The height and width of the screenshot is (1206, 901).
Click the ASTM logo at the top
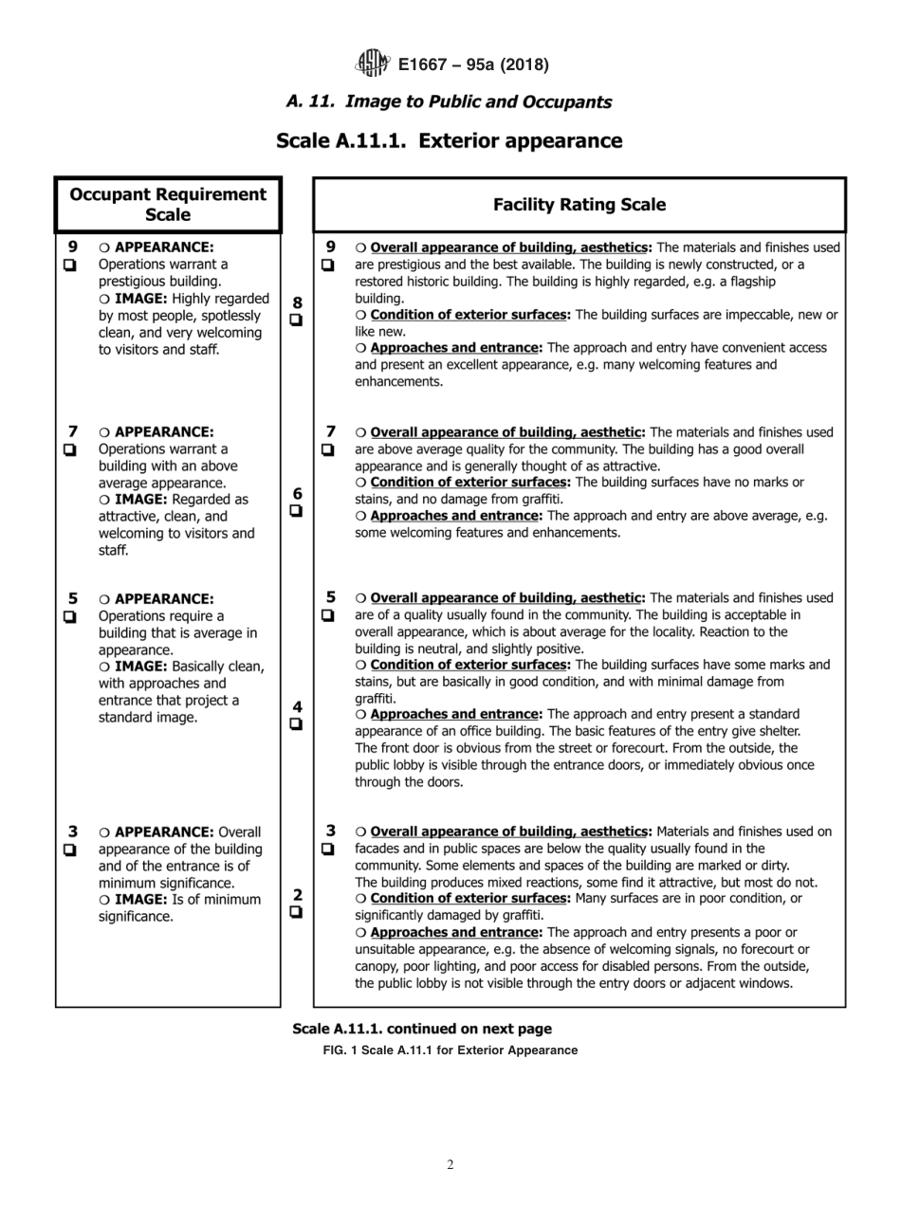click(372, 64)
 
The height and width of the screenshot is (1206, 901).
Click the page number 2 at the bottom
click(450, 1165)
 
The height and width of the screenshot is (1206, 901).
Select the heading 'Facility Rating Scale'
click(579, 205)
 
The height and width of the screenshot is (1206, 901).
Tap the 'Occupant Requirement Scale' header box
click(168, 205)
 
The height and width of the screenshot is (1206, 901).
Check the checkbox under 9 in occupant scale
click(70, 265)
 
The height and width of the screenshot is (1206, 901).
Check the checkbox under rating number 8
click(297, 320)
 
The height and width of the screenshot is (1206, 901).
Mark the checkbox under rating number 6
click(297, 511)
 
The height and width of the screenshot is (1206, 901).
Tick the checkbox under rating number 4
click(297, 724)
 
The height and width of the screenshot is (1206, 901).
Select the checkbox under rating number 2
click(297, 912)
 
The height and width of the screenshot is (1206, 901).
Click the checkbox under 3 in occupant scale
click(70, 850)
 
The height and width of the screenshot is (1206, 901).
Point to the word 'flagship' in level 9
click(749, 282)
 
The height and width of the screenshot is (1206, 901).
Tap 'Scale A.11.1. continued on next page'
click(422, 1029)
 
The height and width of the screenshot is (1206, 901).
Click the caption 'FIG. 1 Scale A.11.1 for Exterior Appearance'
click(450, 1050)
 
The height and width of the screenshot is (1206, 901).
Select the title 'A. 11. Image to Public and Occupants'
click(450, 102)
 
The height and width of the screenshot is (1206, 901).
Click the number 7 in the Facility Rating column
click(331, 432)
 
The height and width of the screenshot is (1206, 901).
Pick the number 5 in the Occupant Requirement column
click(73, 599)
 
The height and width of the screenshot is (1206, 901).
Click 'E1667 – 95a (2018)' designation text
click(473, 64)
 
